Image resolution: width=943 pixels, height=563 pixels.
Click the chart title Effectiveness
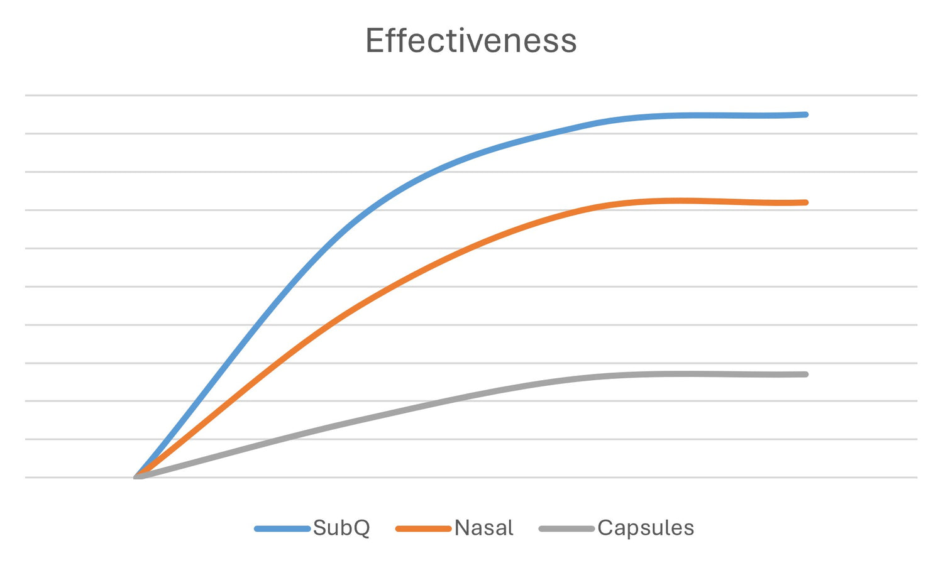tap(471, 41)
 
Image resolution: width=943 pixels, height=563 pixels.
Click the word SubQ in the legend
tap(341, 528)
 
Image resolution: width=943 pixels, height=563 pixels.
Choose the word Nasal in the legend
tap(483, 528)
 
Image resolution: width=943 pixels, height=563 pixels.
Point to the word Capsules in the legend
tap(646, 528)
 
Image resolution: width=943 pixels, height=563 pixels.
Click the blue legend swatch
tap(282, 529)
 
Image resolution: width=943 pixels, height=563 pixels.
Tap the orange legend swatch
tap(423, 529)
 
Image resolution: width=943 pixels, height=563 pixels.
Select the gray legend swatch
tap(566, 529)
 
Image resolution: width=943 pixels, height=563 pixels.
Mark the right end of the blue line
tap(805, 114)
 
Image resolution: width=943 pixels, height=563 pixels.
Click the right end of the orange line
tap(805, 202)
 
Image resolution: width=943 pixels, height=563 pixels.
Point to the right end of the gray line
tap(805, 374)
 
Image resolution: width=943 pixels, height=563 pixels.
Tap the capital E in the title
tap(375, 41)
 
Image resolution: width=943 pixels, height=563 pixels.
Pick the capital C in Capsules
tap(606, 528)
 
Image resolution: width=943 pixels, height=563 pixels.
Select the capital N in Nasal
tap(462, 528)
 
